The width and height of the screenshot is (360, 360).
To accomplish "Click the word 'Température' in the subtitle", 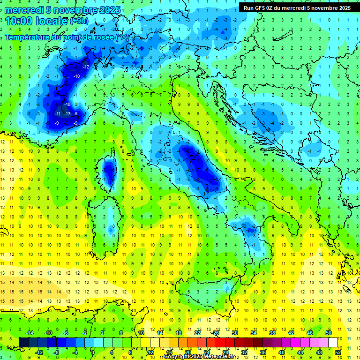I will pos(28,37).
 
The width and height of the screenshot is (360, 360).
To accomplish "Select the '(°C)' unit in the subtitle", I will pos(122,37).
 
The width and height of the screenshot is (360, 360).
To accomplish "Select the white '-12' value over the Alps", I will pos(86,67).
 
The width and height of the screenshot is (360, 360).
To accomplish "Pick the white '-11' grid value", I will pos(57,114).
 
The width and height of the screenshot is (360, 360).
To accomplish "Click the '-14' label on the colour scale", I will pos(29,333).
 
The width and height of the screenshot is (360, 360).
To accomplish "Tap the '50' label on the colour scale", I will pos(329,333).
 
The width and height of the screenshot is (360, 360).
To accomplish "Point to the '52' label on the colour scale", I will pos(337,352).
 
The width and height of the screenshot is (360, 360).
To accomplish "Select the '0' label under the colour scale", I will pos(93,352).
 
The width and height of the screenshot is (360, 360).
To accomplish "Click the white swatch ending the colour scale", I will pos(333,342).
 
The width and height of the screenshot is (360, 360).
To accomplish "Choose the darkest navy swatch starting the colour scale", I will pos(23,342).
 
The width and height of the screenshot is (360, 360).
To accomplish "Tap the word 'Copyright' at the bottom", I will pos(177,357).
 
